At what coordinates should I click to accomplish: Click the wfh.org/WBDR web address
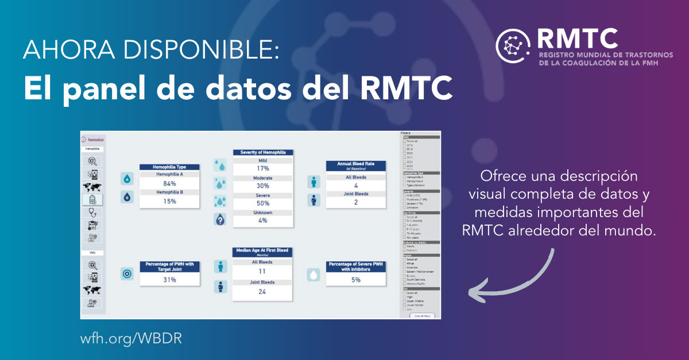pyautogui.click(x=131, y=338)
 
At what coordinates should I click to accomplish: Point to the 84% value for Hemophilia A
pyautogui.click(x=169, y=184)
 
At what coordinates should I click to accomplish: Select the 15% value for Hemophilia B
pyautogui.click(x=169, y=202)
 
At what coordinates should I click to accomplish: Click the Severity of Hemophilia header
pyautogui.click(x=263, y=152)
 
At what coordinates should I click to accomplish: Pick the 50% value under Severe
pyautogui.click(x=263, y=204)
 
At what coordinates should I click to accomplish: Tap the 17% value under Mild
pyautogui.click(x=263, y=169)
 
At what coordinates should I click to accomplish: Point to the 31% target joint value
pyautogui.click(x=169, y=280)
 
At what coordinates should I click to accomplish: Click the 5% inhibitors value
pyautogui.click(x=356, y=280)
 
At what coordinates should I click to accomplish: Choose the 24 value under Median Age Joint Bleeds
pyautogui.click(x=262, y=292)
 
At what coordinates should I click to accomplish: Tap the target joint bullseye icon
pyautogui.click(x=127, y=274)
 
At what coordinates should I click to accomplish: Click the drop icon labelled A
pyautogui.click(x=127, y=179)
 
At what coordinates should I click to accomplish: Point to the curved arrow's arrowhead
pyautogui.click(x=472, y=293)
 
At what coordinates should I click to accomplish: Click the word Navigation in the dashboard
pyautogui.click(x=96, y=140)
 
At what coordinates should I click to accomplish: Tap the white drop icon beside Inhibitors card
pyautogui.click(x=313, y=275)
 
